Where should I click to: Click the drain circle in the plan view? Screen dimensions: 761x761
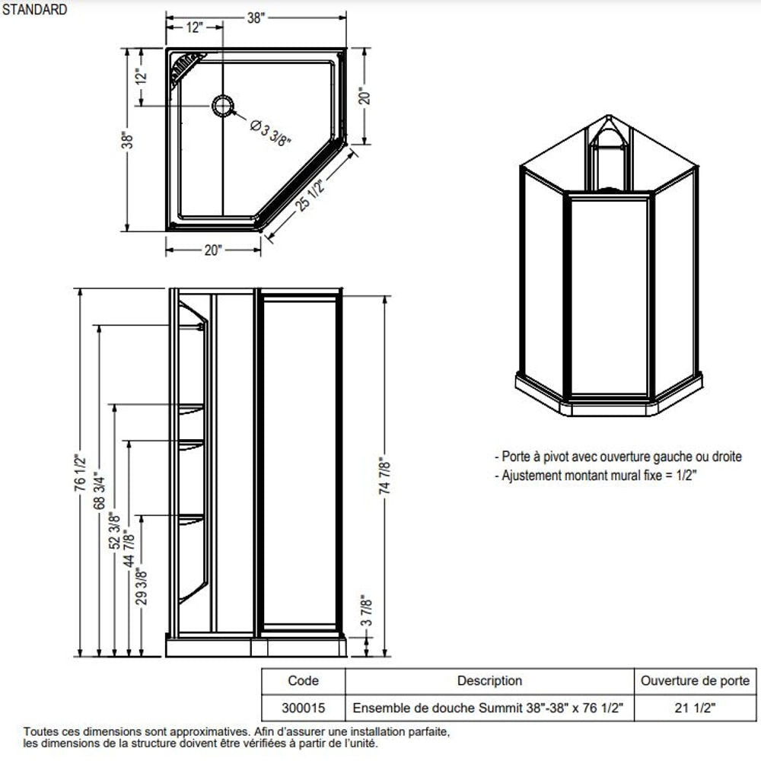click(222, 105)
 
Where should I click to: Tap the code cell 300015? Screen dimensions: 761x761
click(303, 707)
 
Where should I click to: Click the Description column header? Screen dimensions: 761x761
click(489, 680)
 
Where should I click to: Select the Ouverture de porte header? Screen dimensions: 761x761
click(695, 680)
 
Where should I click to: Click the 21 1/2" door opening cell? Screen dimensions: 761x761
click(695, 707)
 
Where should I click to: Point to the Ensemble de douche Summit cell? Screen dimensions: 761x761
click(489, 707)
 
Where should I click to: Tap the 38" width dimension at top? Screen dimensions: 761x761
click(256, 19)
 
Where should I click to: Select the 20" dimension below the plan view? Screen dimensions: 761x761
click(213, 250)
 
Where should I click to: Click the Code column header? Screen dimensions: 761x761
click(303, 680)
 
